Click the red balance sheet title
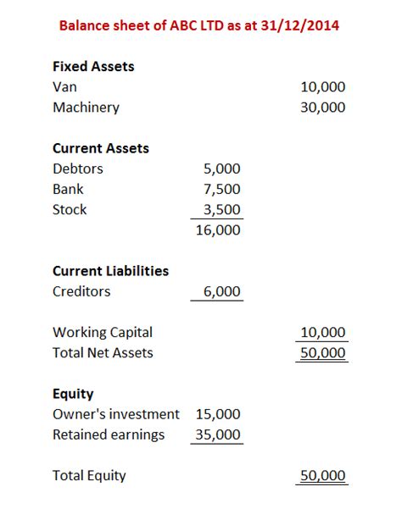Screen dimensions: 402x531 [x=199, y=25]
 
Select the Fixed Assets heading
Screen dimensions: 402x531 [x=93, y=66]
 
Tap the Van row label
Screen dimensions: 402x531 [x=64, y=86]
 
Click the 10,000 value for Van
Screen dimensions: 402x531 [x=322, y=86]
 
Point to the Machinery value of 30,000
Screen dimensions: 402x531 [x=322, y=108]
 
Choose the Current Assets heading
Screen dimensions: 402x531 [x=100, y=148]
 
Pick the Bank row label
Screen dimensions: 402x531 [x=68, y=189]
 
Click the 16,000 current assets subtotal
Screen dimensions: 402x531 [x=218, y=230]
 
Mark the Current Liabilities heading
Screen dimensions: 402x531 [x=110, y=271]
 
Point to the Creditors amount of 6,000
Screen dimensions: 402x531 [x=222, y=291]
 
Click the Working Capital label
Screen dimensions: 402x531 [x=103, y=332]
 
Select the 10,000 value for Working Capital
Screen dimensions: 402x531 [x=322, y=332]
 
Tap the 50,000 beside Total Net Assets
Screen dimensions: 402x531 [x=322, y=352]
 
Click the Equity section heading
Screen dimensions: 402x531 [x=73, y=394]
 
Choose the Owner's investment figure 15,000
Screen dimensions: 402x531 [x=218, y=414]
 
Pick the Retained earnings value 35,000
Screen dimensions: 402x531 [x=218, y=434]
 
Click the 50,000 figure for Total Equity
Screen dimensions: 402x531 [x=322, y=475]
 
